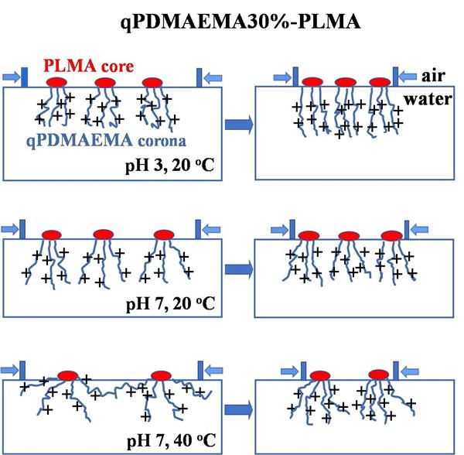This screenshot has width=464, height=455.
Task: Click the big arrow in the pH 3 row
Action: (237, 124)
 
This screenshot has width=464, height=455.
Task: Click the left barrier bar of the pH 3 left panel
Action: (24, 77)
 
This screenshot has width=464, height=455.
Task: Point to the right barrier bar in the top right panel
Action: (394, 76)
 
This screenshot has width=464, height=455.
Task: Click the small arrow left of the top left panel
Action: (10, 76)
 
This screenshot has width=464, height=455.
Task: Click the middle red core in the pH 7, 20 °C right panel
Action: (348, 235)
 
